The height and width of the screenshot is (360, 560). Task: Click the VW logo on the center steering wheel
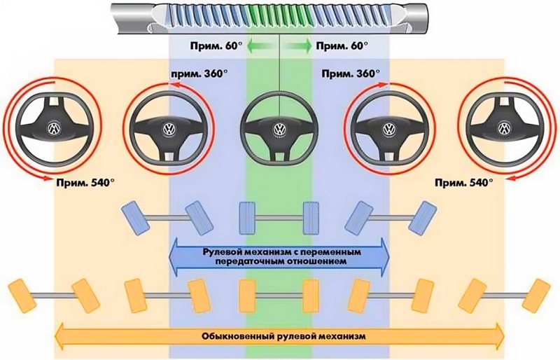[279, 128]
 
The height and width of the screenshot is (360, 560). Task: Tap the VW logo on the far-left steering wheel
[54, 128]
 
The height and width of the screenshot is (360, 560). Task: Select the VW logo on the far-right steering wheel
[503, 128]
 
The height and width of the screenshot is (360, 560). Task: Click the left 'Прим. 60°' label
[216, 46]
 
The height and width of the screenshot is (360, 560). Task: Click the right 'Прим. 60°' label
[342, 46]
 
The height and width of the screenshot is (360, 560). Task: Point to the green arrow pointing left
[261, 46]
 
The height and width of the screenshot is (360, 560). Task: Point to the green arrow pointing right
[298, 46]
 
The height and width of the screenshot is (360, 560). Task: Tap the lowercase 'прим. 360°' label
[199, 74]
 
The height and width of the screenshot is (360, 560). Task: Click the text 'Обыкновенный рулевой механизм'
[283, 336]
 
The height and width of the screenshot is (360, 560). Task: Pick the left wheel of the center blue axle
[247, 218]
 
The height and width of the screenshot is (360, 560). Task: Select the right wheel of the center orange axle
[311, 296]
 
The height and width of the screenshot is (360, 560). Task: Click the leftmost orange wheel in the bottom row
[22, 296]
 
